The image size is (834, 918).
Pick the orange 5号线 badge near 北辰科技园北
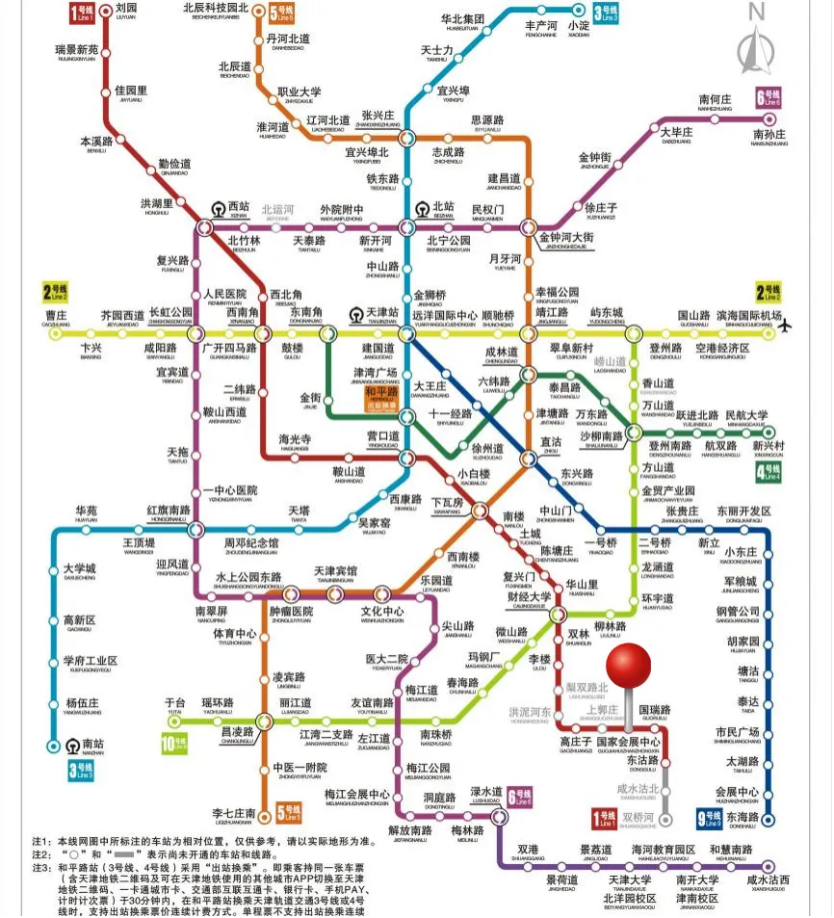(282, 13)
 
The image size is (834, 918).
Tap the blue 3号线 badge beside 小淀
(606, 13)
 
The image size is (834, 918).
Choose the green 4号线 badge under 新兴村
(769, 471)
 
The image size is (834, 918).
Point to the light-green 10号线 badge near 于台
(173, 744)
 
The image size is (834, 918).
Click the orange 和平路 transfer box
(381, 397)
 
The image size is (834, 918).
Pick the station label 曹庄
(56, 316)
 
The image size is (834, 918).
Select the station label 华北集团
(462, 20)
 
